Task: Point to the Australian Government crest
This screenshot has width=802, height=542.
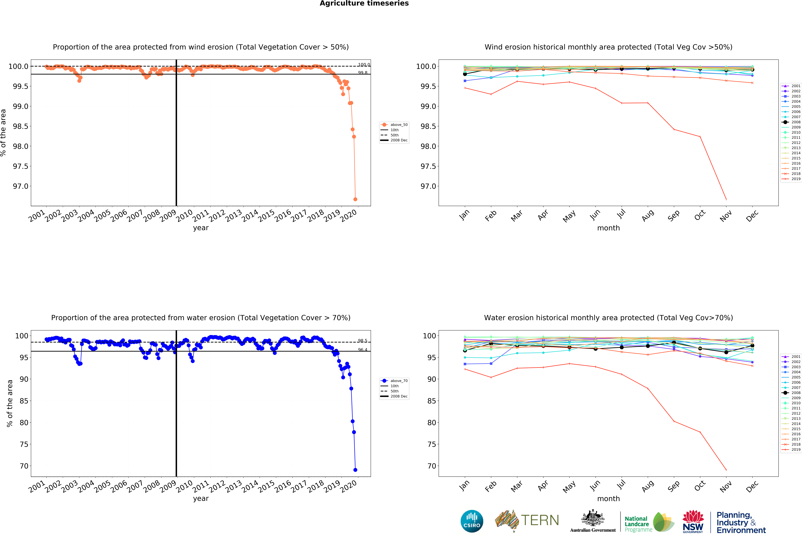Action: [593, 518]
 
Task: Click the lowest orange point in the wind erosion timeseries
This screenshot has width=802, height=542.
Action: [355, 199]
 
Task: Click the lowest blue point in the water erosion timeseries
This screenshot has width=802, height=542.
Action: [355, 470]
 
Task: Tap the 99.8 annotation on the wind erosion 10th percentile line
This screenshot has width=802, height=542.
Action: [362, 72]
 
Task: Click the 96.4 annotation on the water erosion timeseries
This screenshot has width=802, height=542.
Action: [362, 350]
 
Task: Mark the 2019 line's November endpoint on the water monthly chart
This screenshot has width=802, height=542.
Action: [726, 470]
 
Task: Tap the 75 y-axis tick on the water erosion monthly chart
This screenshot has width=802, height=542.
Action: [431, 444]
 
